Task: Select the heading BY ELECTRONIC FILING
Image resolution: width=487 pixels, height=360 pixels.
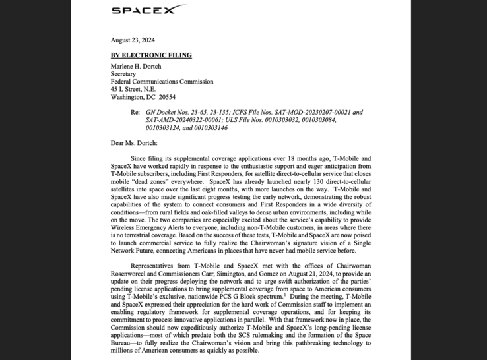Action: point(151,55)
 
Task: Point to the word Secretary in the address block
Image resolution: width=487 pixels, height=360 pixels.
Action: point(123,74)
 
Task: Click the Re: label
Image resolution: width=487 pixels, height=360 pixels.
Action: point(135,113)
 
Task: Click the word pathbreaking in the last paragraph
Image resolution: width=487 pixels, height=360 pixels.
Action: point(307,343)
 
